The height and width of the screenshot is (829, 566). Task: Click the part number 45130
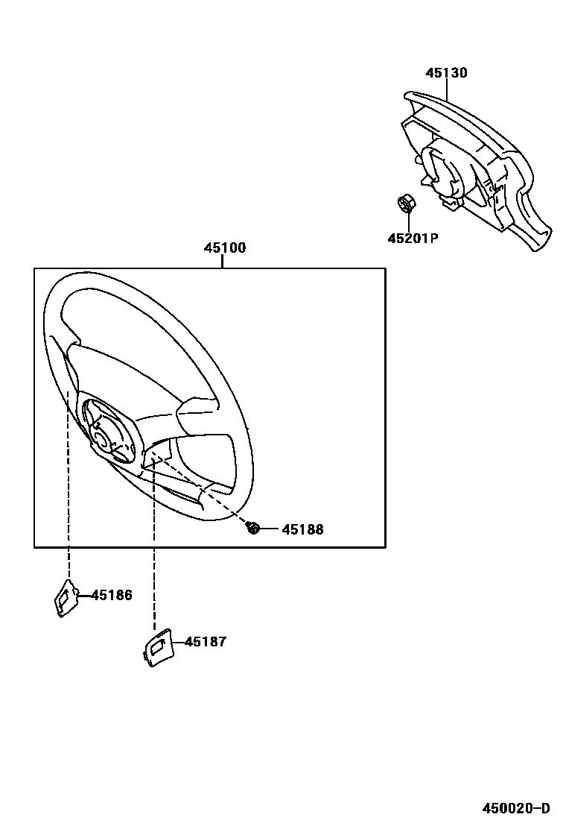point(446,73)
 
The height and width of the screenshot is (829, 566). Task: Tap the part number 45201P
point(412,239)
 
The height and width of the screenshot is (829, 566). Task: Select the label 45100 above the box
point(225,248)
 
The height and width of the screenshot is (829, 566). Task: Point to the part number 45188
point(302,529)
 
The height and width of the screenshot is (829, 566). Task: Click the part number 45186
point(112,595)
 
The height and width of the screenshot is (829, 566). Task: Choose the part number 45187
point(206,641)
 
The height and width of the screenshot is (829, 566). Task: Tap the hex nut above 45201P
point(407,203)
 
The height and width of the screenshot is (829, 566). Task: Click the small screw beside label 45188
point(253,529)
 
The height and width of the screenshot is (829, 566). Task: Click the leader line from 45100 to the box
point(223,262)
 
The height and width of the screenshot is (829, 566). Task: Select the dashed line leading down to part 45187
point(154,552)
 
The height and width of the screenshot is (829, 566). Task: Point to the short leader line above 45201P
point(410,221)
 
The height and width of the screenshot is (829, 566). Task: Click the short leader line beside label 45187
point(177,641)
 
